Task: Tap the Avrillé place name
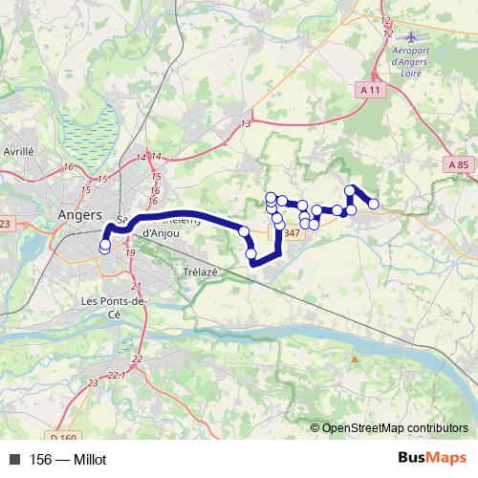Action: tap(18, 151)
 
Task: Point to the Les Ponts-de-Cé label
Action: tap(114, 307)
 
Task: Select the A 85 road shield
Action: tap(459, 165)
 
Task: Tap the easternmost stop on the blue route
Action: tap(373, 204)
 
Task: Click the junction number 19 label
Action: tap(130, 252)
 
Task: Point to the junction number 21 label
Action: tap(136, 287)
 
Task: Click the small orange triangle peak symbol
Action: tap(355, 359)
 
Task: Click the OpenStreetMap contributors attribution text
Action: tap(396, 429)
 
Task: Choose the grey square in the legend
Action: tap(14, 460)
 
